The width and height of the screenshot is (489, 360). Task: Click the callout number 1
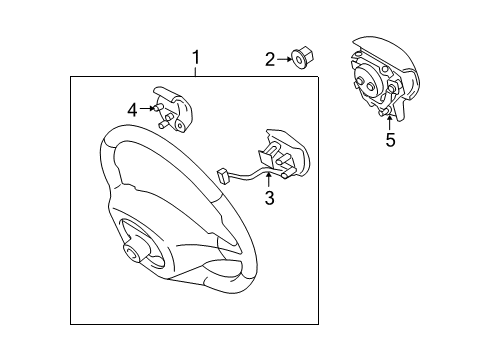click(x=196, y=57)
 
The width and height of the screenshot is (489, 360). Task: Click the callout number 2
click(x=270, y=61)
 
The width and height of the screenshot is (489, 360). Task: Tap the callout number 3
click(x=269, y=197)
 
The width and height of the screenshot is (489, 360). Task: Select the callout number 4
click(x=132, y=109)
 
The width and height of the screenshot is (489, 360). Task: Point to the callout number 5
click(x=390, y=140)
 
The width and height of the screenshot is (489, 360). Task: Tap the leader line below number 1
click(x=196, y=70)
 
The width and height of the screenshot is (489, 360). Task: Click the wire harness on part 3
click(x=245, y=179)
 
